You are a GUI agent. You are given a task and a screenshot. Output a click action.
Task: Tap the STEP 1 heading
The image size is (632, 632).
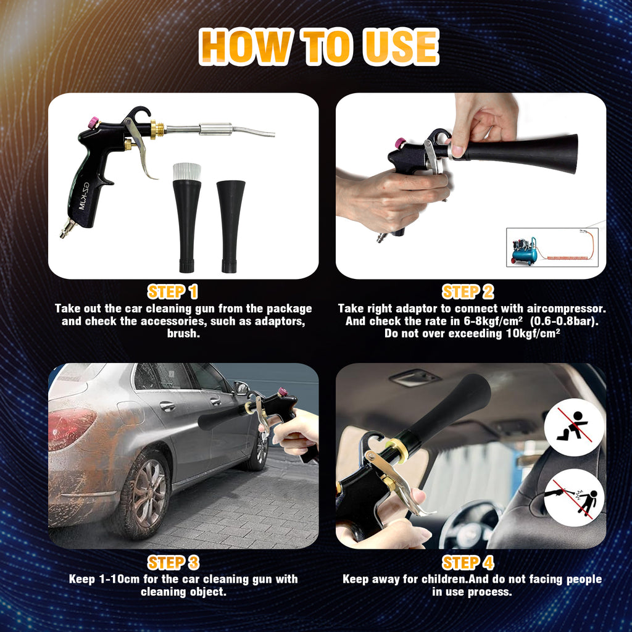tap(172, 292)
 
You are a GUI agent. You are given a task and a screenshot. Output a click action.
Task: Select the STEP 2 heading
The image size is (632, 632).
tap(468, 292)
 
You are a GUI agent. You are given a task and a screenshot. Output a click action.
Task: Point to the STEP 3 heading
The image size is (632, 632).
tap(173, 562)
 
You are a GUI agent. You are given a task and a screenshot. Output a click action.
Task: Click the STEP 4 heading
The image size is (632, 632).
tap(468, 562)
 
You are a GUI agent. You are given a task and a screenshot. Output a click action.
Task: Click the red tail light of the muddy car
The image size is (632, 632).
tap(72, 429)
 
